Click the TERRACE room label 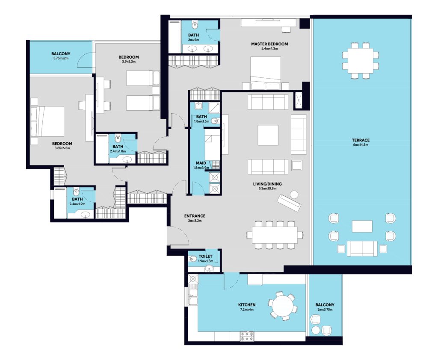click(x=361, y=140)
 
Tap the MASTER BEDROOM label click(x=269, y=44)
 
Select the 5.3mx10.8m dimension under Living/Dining click(x=267, y=189)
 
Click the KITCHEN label click(x=247, y=305)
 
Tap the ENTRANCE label click(x=195, y=216)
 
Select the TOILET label click(x=205, y=257)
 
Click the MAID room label click(x=201, y=163)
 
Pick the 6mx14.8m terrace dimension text click(x=361, y=145)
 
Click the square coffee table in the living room click(x=268, y=135)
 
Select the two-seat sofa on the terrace click(x=362, y=248)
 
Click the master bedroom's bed click(x=265, y=73)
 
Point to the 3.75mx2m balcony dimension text click(x=61, y=58)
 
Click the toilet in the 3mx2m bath click(x=195, y=25)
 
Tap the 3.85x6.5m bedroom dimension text click(x=62, y=148)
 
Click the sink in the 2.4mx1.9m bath click(x=86, y=215)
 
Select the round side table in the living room click(x=294, y=195)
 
